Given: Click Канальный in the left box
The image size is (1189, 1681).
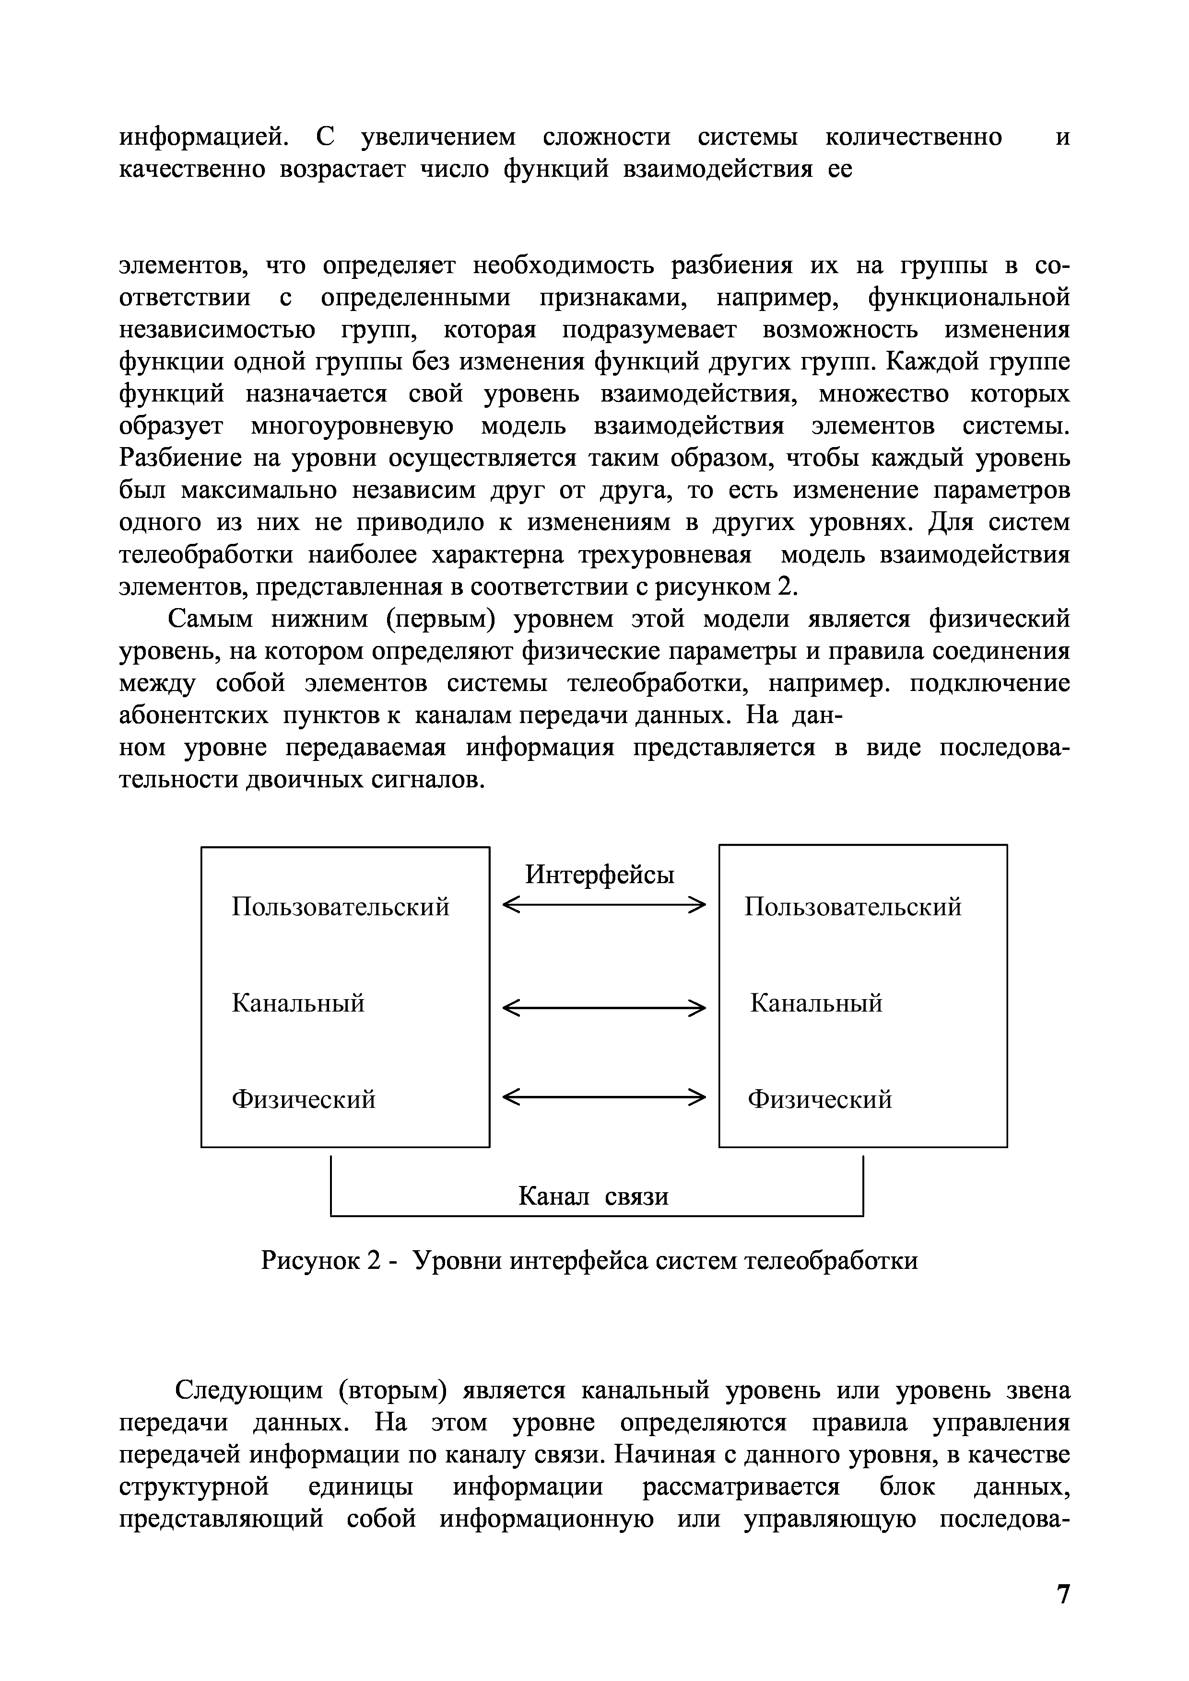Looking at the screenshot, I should coord(298,1003).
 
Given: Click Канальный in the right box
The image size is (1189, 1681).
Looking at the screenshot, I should coord(816,1003).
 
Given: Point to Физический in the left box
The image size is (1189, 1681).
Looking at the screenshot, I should coord(303,1099).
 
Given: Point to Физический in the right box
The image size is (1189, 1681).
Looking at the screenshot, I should coord(820,1099).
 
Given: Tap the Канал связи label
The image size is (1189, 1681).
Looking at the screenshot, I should coord(593,1197).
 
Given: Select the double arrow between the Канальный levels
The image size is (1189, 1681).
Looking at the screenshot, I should coord(604,1009).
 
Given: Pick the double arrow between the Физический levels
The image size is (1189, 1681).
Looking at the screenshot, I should coord(604,1097).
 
